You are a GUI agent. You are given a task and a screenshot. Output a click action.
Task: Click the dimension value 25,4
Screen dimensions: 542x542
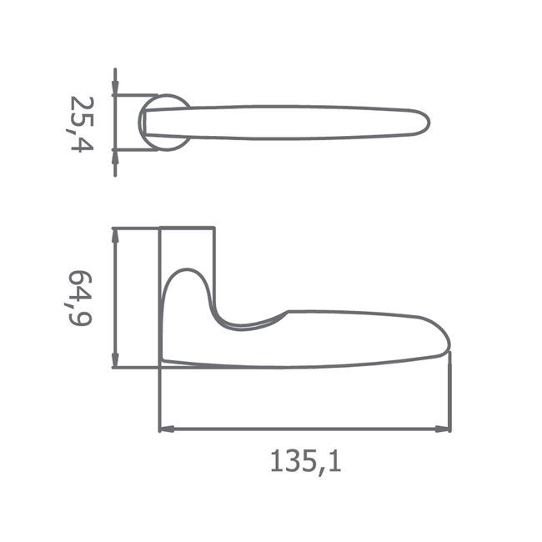pos(80,124)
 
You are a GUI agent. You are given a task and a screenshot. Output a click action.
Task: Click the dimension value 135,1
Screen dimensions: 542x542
pos(305,462)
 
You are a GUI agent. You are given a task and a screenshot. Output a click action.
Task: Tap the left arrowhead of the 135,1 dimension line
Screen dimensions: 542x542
pos(166,429)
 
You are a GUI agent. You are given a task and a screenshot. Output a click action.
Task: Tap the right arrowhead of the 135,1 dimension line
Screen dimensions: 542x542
pos(443,429)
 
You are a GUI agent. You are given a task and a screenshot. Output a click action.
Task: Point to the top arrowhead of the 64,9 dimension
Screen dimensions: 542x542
pos(115,236)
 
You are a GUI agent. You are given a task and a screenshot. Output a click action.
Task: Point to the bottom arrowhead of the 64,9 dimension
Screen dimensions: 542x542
pos(115,360)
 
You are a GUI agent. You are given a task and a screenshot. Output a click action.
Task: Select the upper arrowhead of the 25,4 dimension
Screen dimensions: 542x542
pos(115,87)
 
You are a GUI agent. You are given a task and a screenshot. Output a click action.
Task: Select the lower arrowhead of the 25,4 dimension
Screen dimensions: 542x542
pos(115,158)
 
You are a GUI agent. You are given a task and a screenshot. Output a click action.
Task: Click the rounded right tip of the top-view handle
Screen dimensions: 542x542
pos(429,123)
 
